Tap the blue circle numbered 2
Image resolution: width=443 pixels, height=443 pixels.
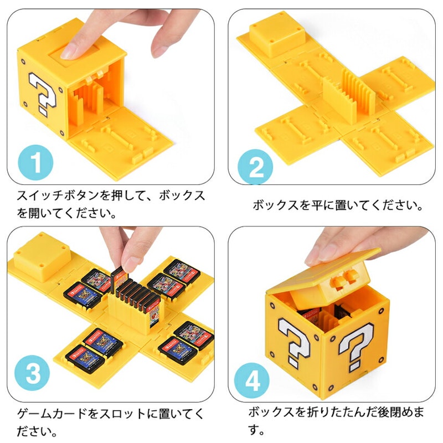pos(257,165)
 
